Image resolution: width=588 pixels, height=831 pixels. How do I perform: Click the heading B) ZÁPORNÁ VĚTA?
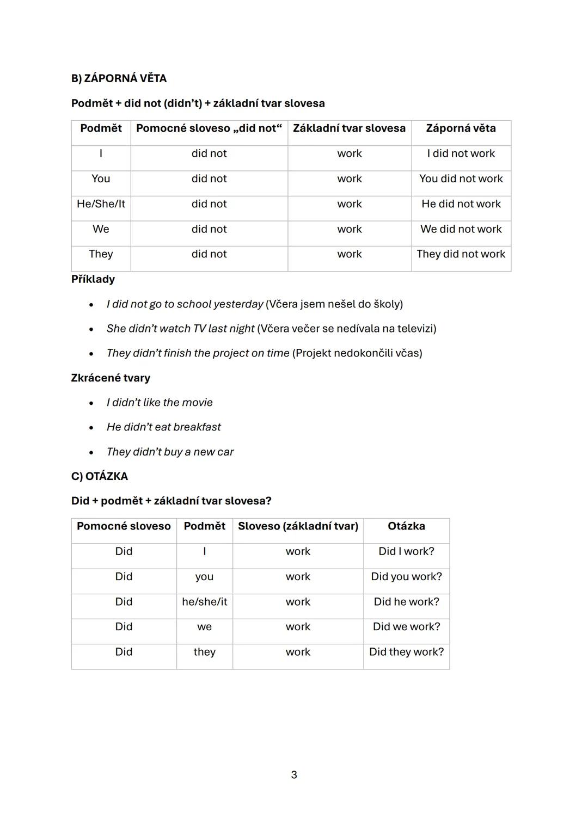pyautogui.click(x=119, y=78)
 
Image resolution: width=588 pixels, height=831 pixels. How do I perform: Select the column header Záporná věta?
pyautogui.click(x=461, y=128)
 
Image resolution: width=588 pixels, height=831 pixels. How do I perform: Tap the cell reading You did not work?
pyautogui.click(x=461, y=178)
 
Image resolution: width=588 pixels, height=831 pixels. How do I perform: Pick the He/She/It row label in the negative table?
pyautogui.click(x=101, y=204)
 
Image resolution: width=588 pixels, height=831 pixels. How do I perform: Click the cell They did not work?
pyautogui.click(x=461, y=254)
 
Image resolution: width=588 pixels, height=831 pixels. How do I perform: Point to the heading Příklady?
pyautogui.click(x=93, y=279)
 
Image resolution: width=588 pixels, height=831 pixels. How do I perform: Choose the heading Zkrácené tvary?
pyautogui.click(x=111, y=378)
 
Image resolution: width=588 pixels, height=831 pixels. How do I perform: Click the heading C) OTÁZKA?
pyautogui.click(x=100, y=477)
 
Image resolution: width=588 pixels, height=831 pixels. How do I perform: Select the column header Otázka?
pyautogui.click(x=406, y=526)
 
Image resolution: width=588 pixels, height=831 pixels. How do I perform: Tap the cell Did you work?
pyautogui.click(x=406, y=577)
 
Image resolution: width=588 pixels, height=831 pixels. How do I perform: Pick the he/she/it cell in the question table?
pyautogui.click(x=204, y=602)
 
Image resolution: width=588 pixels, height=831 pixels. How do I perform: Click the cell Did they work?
pyautogui.click(x=406, y=652)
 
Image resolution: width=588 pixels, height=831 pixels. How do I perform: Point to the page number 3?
pyautogui.click(x=294, y=775)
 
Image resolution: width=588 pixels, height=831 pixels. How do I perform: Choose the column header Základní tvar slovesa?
pyautogui.click(x=349, y=128)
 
